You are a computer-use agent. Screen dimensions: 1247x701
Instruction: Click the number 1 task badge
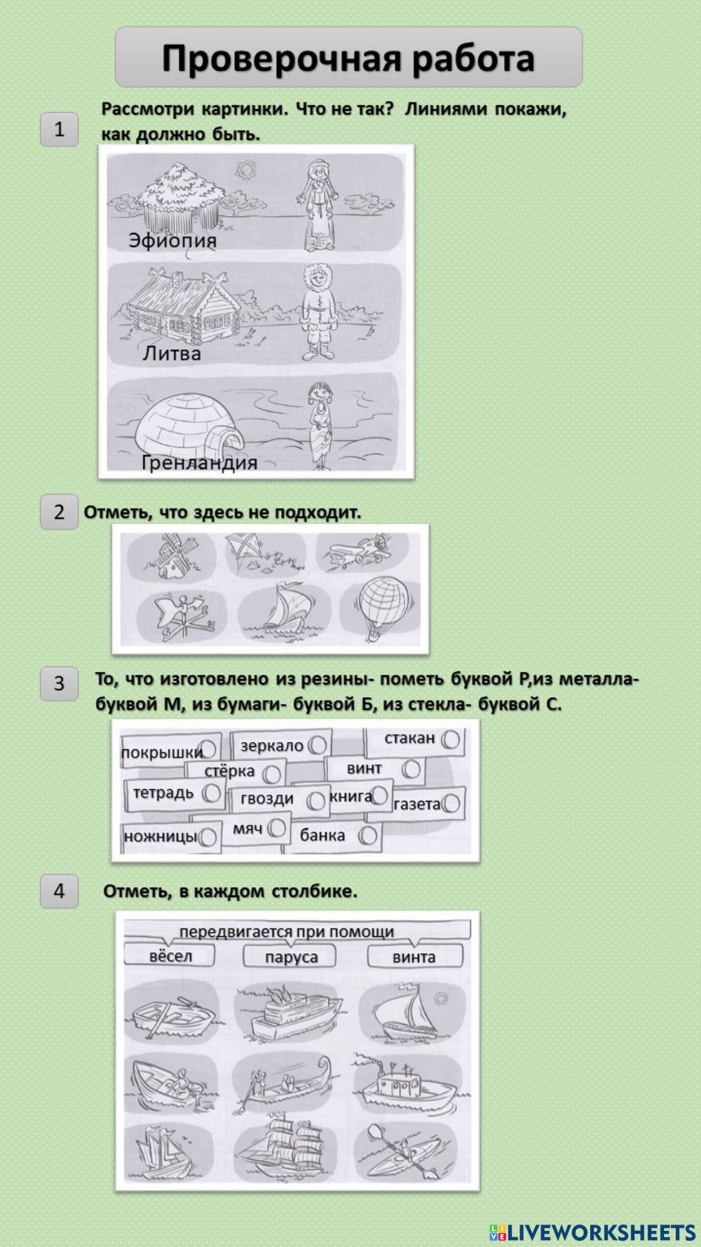click(x=59, y=129)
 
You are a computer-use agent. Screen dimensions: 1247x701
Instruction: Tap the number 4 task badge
click(x=59, y=891)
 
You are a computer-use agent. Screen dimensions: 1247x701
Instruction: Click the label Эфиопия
click(x=172, y=241)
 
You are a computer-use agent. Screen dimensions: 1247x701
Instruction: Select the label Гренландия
click(x=200, y=462)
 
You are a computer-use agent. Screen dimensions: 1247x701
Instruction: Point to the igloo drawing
click(x=186, y=425)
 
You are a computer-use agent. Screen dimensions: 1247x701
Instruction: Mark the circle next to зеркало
click(x=317, y=744)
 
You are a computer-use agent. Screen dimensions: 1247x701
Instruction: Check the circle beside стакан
click(x=451, y=739)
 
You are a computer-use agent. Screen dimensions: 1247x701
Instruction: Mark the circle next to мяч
click(x=277, y=829)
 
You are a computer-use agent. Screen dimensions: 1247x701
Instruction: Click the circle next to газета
click(x=451, y=804)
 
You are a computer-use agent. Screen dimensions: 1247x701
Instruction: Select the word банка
click(x=322, y=835)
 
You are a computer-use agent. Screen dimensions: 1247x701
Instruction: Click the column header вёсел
click(x=170, y=957)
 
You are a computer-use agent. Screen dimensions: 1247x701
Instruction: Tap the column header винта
click(x=414, y=957)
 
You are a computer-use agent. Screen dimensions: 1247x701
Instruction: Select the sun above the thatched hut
click(x=245, y=169)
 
